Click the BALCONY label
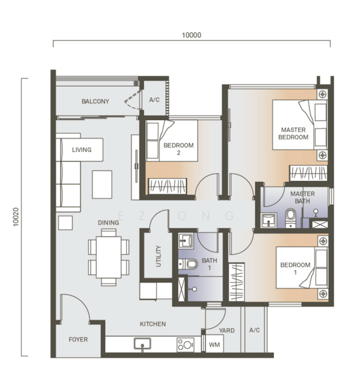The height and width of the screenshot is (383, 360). coord(95,101)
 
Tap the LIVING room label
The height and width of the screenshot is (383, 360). coord(82,150)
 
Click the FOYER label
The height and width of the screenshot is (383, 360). coord(78,339)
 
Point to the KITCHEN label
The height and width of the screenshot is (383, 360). coord(153,324)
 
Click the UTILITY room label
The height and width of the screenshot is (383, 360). coord(158,257)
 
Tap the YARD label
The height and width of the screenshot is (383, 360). coord(227,331)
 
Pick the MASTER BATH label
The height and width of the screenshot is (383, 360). coord(303,198)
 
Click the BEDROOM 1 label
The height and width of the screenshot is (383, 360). coord(294,269)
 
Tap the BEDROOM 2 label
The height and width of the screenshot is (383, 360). coord(178,149)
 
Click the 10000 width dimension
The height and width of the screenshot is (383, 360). coord(191,36)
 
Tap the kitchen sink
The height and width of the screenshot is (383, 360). coord(141,344)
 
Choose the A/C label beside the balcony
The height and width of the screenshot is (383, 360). coord(154,100)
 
